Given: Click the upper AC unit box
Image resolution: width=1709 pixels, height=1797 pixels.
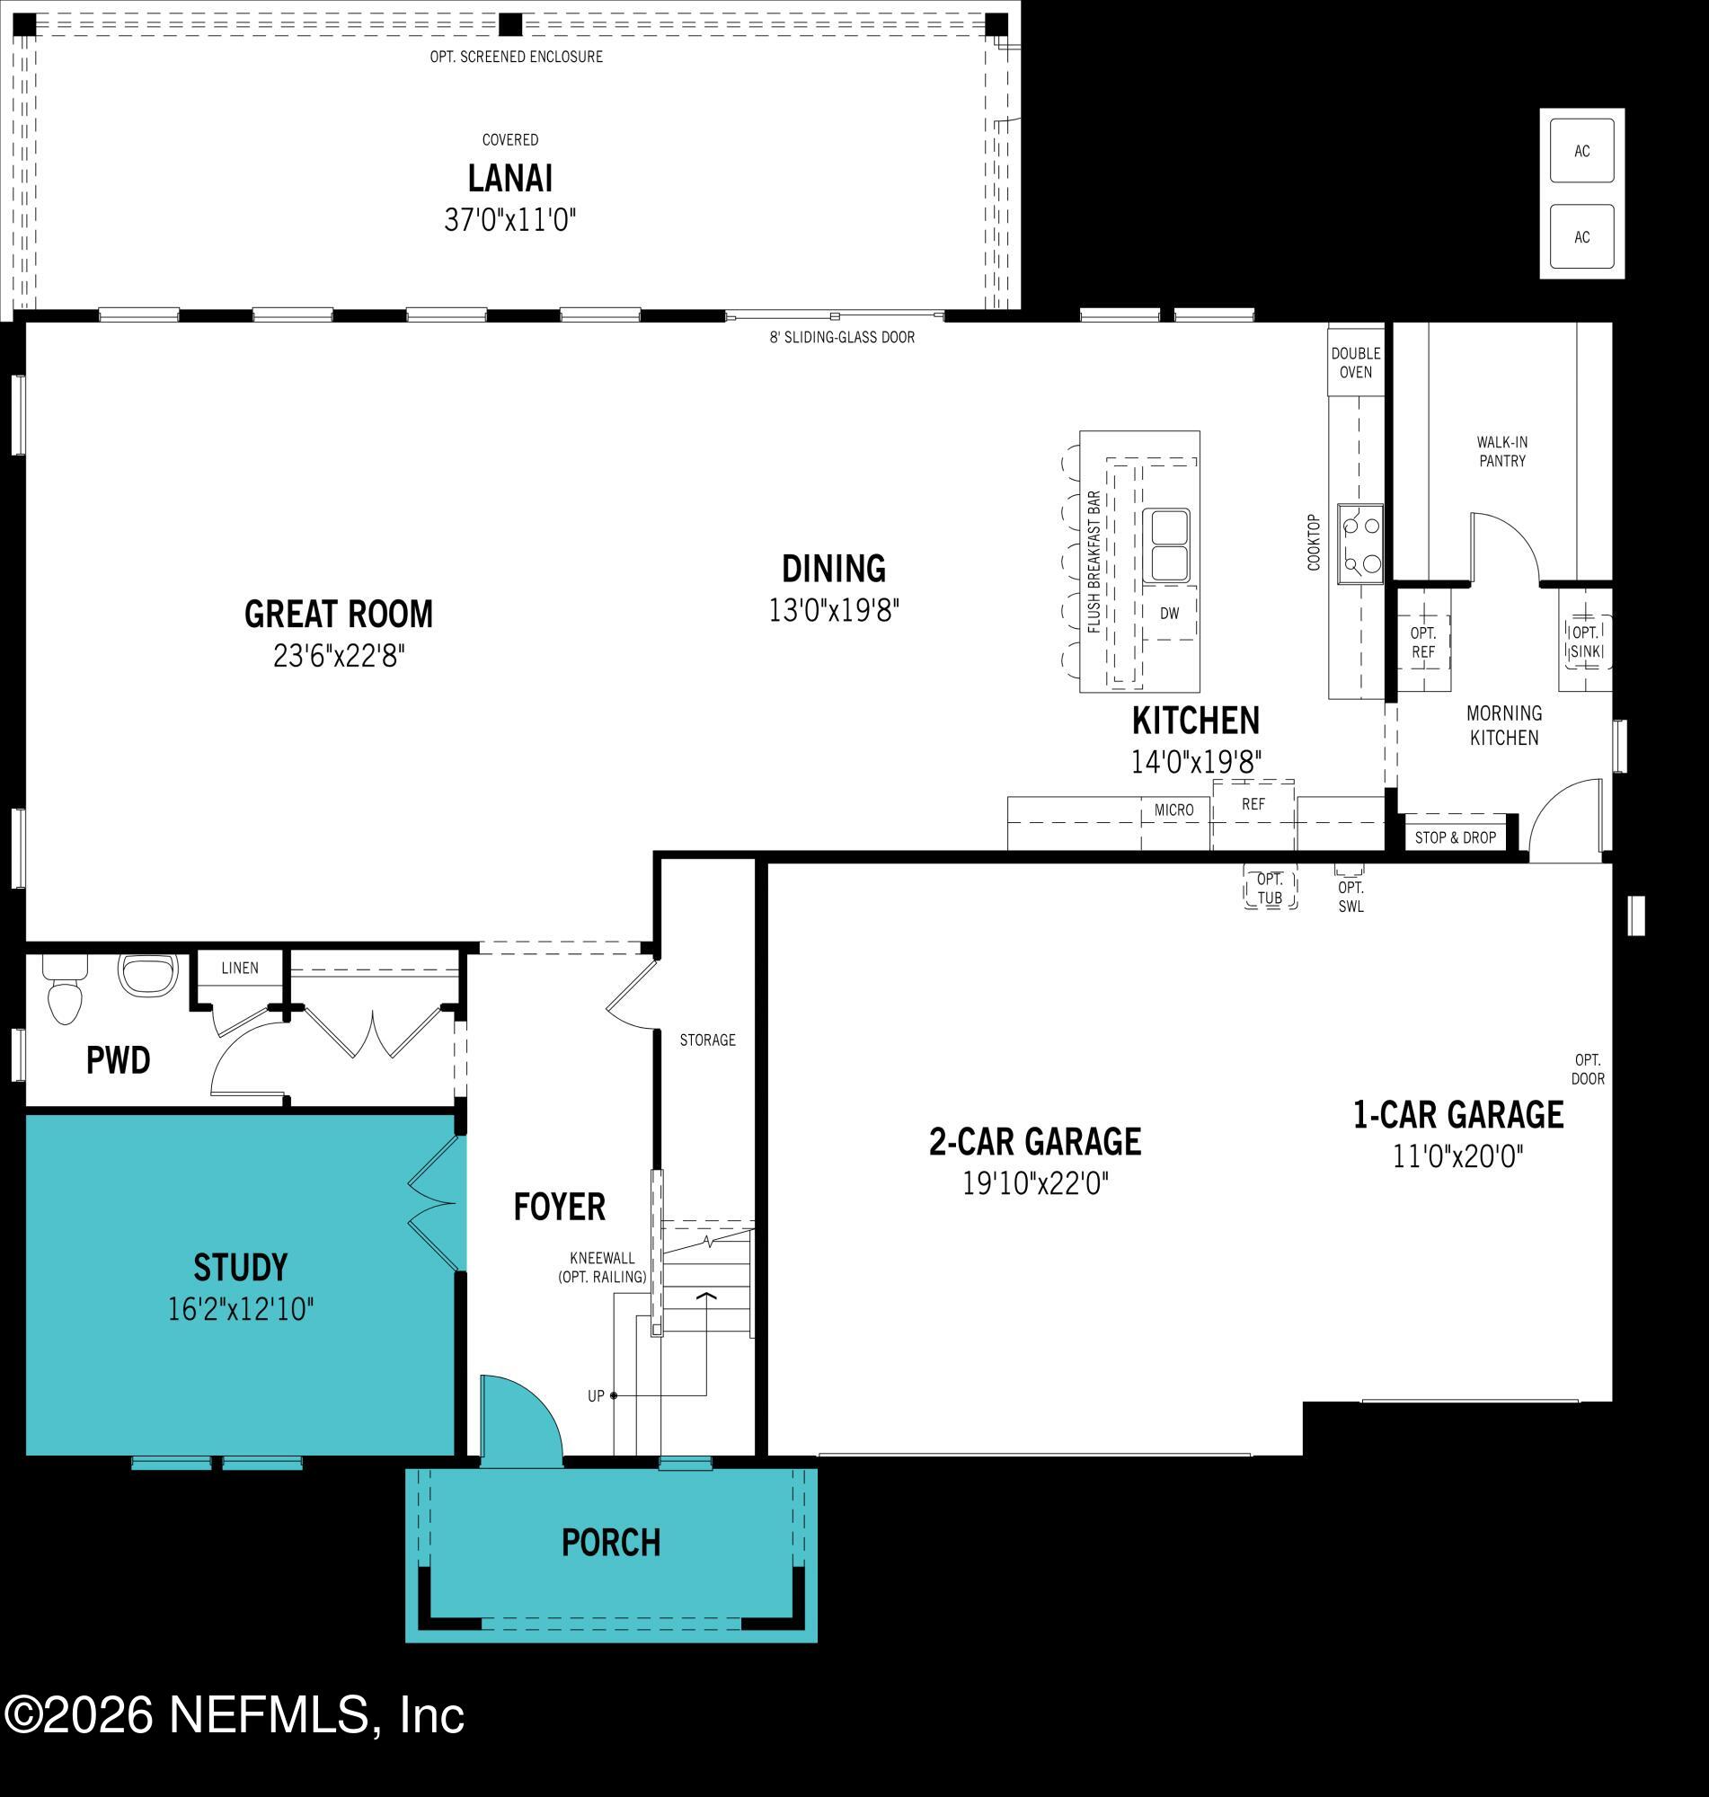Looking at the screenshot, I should coord(1581,151).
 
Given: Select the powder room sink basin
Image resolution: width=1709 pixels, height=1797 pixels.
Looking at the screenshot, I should coord(146,976).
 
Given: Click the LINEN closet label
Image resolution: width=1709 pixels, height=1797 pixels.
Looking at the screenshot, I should coord(240,968).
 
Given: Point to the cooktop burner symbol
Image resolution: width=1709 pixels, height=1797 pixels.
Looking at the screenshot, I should coord(1359,544).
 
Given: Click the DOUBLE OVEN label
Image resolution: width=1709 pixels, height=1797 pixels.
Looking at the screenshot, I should coord(1356,362).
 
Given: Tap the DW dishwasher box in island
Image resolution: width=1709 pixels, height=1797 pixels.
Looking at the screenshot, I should coord(1169,614).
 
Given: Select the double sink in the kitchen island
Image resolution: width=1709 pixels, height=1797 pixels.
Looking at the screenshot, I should coord(1165,545).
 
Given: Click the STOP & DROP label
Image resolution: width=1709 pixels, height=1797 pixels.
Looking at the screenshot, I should coord(1455,837).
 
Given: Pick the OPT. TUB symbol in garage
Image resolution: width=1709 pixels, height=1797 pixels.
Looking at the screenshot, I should coord(1270,888).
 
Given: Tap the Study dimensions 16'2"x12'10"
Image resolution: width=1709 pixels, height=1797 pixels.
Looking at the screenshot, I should coord(241,1310).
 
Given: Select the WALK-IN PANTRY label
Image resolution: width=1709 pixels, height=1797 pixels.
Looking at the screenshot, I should coord(1501,452).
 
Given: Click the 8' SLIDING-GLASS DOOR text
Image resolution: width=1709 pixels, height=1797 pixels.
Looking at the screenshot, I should coord(842,337).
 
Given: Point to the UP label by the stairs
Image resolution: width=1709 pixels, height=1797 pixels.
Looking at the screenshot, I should coord(596,1395).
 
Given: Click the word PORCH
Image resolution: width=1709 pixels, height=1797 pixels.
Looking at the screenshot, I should coord(610,1543).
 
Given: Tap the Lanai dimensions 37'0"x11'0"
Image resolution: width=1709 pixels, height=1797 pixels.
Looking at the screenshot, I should coord(510,219).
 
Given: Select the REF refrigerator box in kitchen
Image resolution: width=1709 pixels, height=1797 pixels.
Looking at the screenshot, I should coord(1253,805).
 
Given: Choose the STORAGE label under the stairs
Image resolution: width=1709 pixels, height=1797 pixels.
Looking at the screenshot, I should coord(707,1040).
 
